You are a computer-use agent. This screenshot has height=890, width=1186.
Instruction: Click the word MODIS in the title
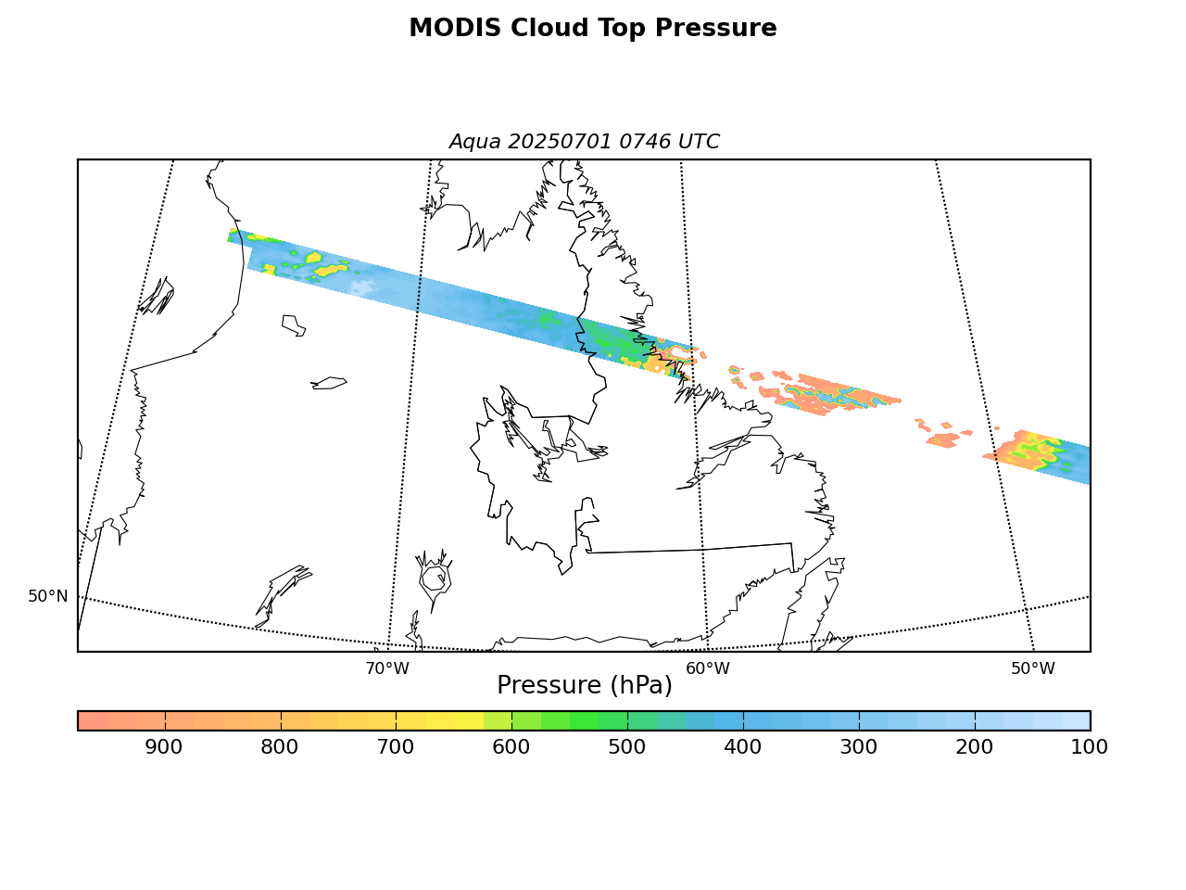pyautogui.click(x=455, y=28)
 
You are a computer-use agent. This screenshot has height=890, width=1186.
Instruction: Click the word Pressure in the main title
pyautogui.click(x=715, y=28)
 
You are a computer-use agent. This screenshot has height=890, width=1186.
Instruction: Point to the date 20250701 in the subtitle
pyautogui.click(x=560, y=142)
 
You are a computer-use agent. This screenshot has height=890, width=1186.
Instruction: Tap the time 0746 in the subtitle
pyautogui.click(x=645, y=142)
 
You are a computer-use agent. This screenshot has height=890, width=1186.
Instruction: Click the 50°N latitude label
pyautogui.click(x=48, y=596)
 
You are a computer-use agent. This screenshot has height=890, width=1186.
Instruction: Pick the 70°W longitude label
pyautogui.click(x=387, y=669)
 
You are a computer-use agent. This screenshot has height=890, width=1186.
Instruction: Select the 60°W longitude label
pyautogui.click(x=708, y=669)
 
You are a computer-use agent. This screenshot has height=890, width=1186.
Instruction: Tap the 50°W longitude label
pyautogui.click(x=1033, y=669)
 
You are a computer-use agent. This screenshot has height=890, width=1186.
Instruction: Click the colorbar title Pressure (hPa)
pyautogui.click(x=585, y=686)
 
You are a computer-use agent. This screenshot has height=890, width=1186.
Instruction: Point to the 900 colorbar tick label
pyautogui.click(x=164, y=747)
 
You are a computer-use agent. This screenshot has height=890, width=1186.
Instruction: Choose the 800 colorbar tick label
pyautogui.click(x=279, y=747)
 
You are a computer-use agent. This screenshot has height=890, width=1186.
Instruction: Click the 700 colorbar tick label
pyautogui.click(x=396, y=747)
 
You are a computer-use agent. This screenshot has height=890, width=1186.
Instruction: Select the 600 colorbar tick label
pyautogui.click(x=511, y=747)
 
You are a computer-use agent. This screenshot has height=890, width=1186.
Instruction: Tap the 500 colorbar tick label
pyautogui.click(x=626, y=747)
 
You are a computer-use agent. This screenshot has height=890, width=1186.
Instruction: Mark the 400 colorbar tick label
pyautogui.click(x=743, y=747)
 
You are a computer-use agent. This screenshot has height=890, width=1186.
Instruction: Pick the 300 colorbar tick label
pyautogui.click(x=859, y=747)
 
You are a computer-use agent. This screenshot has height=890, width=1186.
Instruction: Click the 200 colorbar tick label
pyautogui.click(x=974, y=747)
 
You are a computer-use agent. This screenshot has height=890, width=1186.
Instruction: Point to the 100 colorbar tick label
pyautogui.click(x=1090, y=747)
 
